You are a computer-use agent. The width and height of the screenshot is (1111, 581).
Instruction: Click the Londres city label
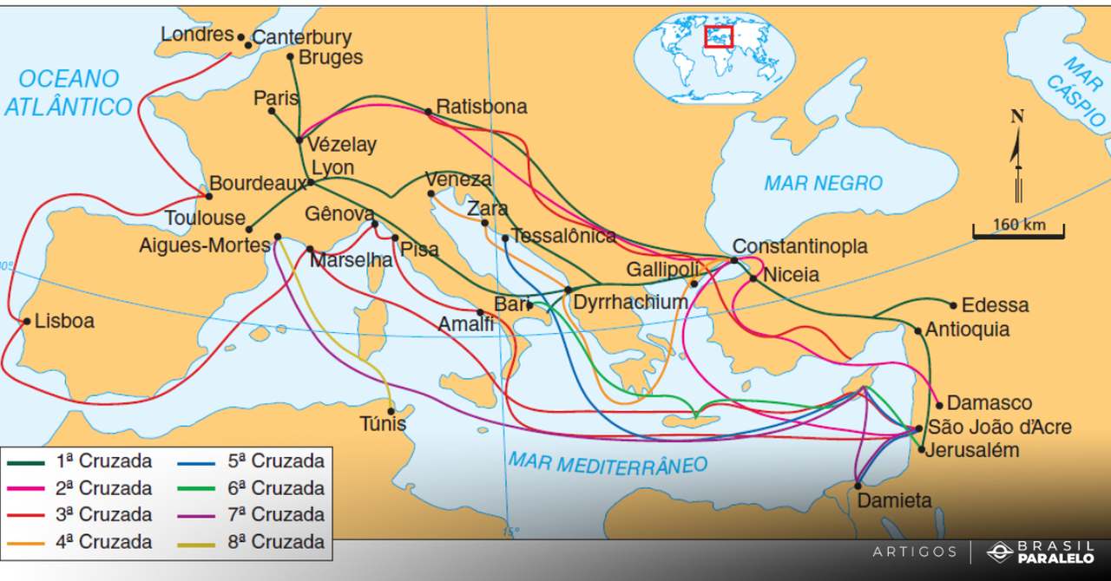197,35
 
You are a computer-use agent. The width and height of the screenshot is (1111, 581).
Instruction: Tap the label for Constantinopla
799,246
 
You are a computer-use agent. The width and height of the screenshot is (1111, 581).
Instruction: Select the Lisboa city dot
26,322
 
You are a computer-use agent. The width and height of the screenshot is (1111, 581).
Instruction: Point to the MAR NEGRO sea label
823,183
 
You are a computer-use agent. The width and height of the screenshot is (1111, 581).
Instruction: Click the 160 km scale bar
1018,231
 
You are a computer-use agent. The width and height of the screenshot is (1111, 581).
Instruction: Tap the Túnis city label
383,425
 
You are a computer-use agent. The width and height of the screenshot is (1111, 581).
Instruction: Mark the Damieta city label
893,500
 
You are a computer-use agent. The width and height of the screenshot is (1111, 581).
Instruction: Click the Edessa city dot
953,305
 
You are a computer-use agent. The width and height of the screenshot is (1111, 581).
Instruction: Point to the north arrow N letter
1017,117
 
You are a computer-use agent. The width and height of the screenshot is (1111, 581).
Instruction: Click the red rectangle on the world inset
719,36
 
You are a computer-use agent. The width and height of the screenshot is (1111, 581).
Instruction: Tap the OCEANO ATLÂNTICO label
69,93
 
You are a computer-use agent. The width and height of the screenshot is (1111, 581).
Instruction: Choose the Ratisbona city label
481,108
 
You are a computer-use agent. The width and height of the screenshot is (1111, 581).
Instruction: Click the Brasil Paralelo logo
1041,552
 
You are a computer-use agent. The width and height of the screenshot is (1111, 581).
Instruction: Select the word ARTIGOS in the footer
914,552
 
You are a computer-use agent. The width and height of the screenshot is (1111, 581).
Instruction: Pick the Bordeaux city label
259,184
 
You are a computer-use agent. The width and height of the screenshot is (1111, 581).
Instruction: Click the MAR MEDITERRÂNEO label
608,464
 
